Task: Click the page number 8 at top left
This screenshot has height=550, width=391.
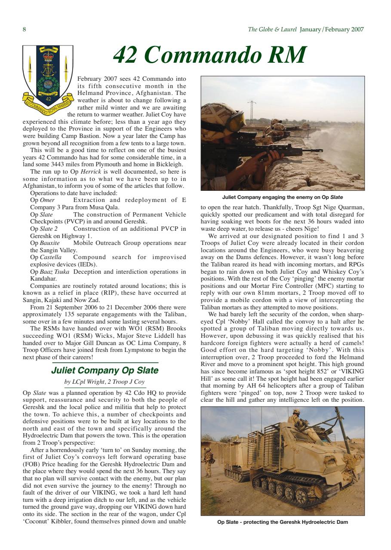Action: pos(25,30)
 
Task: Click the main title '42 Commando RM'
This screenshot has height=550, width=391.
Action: pos(209,55)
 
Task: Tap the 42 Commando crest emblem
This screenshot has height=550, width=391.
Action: pos(48,77)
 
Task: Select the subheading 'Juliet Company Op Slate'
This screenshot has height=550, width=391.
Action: pos(105,370)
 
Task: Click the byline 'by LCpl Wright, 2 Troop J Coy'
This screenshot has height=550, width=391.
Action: pos(105,382)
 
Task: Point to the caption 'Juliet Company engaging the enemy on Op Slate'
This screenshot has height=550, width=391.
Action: pos(283,197)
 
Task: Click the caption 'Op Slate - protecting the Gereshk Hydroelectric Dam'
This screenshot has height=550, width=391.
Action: pos(283,522)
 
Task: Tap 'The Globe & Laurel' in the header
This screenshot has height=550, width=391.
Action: pos(272,30)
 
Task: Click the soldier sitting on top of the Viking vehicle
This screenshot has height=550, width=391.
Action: pos(297,419)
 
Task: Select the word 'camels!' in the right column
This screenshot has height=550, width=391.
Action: pos(353,342)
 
